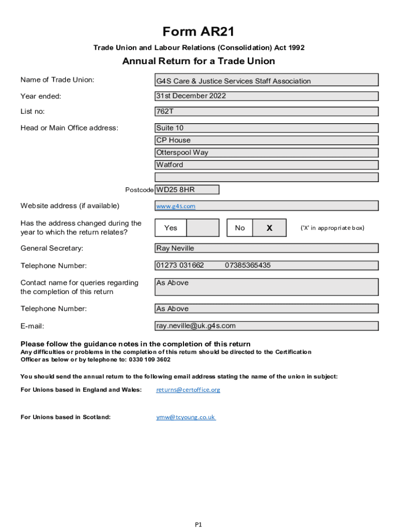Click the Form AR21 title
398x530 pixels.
click(198, 32)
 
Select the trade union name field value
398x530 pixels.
click(234, 81)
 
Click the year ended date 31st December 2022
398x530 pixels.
click(191, 96)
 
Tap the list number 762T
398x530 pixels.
click(165, 111)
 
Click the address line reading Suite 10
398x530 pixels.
click(170, 128)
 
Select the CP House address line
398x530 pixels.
click(173, 140)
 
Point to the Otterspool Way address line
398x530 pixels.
click(182, 153)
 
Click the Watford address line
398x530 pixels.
click(170, 165)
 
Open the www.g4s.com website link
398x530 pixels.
click(176, 206)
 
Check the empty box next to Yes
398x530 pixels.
click(202, 228)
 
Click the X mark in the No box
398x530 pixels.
click(269, 228)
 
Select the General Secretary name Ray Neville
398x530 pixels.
click(175, 248)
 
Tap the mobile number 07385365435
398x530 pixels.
click(248, 266)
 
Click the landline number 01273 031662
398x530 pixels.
click(180, 266)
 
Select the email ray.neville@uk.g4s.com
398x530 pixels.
click(196, 326)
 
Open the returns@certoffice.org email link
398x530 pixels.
click(188, 390)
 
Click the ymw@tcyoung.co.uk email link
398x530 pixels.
click(186, 417)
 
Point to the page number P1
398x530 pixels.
click(198, 524)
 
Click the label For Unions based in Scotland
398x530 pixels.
click(65, 417)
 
